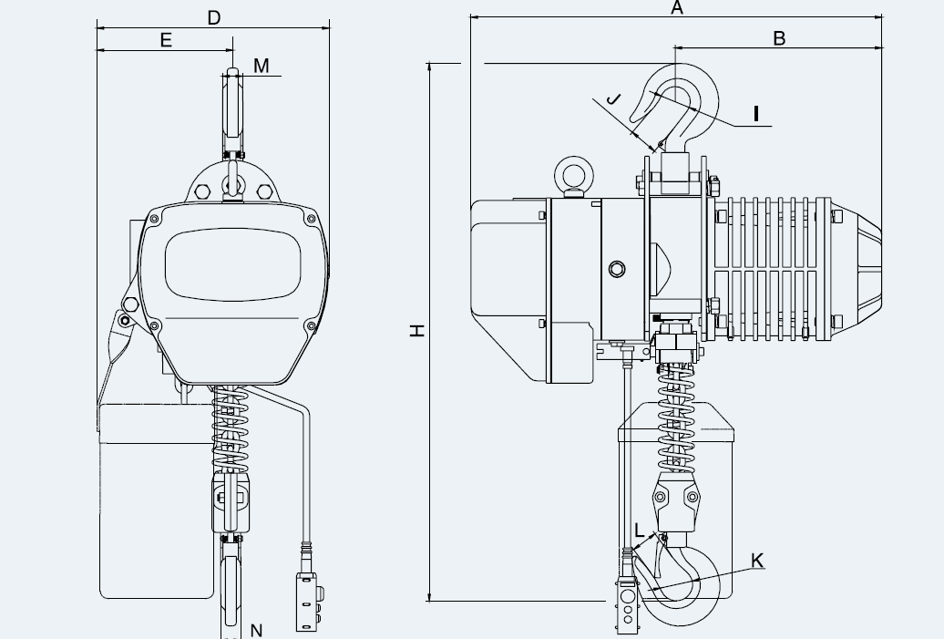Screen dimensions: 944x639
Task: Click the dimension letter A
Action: tap(677, 8)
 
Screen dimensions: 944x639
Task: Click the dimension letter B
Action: tap(779, 38)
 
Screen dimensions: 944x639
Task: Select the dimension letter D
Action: tap(214, 18)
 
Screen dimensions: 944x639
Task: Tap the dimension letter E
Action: tap(166, 40)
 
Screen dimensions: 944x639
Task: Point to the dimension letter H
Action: tap(417, 330)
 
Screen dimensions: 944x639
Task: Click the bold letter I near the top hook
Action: tap(756, 114)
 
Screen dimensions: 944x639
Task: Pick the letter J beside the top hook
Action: tap(612, 98)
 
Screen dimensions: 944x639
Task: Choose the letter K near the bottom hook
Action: tap(757, 561)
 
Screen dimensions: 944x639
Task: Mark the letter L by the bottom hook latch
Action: tap(640, 531)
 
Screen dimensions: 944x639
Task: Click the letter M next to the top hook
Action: tap(262, 66)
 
